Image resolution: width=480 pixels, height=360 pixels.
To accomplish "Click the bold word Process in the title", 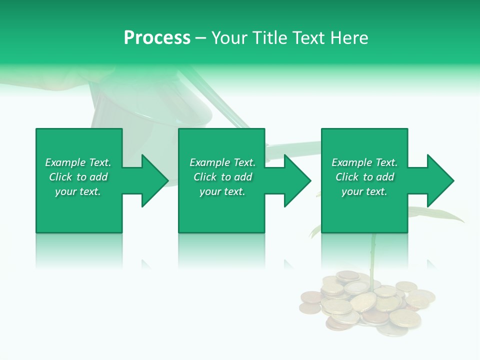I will click(x=157, y=38).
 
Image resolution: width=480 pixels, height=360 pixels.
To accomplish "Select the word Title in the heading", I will click(x=270, y=38).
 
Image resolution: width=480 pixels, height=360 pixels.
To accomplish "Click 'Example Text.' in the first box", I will click(x=78, y=162).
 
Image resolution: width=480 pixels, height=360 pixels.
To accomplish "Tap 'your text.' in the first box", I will click(x=78, y=191).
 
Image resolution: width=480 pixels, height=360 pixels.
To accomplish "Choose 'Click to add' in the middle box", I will click(x=222, y=177).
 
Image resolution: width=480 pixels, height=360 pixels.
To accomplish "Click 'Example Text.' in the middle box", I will click(x=222, y=162).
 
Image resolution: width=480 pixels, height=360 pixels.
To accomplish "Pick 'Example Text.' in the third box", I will click(x=364, y=162).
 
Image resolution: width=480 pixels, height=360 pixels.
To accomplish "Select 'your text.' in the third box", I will click(x=364, y=191).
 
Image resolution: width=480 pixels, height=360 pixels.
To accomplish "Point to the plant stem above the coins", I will click(x=372, y=255).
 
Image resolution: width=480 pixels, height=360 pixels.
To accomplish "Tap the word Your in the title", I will click(x=229, y=38).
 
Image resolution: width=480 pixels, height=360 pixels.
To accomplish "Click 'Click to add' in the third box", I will click(x=364, y=177).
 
